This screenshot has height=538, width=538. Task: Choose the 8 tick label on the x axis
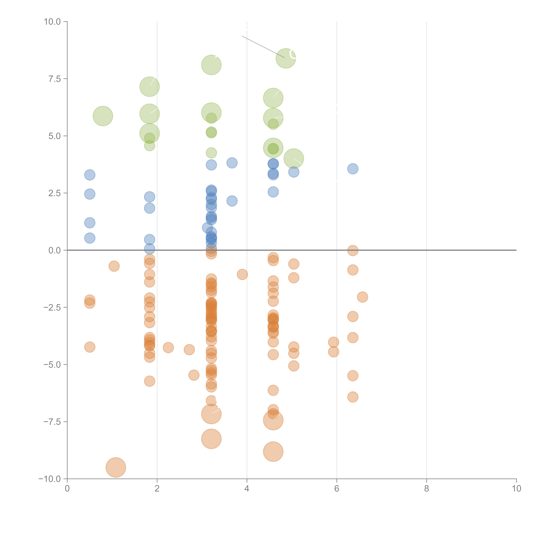pos(427,489)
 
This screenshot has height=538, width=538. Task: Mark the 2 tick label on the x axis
pos(157,489)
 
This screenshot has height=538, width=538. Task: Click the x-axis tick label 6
pos(337,489)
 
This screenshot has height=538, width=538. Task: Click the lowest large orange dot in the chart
pos(116,468)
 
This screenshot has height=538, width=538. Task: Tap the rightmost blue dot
pos(353,169)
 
